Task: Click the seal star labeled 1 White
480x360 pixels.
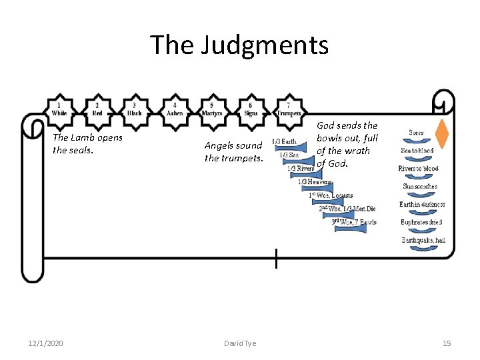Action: (x=59, y=109)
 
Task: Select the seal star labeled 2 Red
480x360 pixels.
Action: (x=97, y=109)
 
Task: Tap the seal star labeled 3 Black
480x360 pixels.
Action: (x=135, y=109)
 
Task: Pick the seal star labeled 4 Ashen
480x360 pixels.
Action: (x=175, y=109)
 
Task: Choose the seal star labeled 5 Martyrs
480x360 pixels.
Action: (x=212, y=109)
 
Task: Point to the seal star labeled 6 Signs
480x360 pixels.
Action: (x=251, y=109)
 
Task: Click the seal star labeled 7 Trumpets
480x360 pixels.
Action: (x=289, y=109)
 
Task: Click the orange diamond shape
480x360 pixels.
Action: (x=441, y=133)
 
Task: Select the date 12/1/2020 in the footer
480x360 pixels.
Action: (x=45, y=343)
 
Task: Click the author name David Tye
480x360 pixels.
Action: (x=239, y=343)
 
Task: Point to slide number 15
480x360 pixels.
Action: (x=447, y=343)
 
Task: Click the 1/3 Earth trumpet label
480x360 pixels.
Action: (x=285, y=141)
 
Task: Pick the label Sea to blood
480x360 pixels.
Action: (x=417, y=151)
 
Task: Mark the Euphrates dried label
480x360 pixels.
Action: (x=421, y=222)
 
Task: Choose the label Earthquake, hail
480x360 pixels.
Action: (x=423, y=240)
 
